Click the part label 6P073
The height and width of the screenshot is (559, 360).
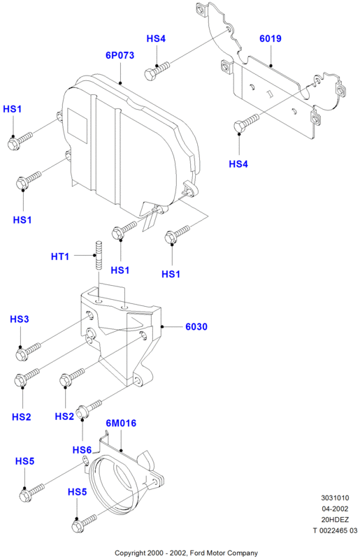(x=120, y=55)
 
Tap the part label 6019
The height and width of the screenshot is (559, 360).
(x=271, y=38)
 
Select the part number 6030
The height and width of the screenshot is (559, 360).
(x=196, y=326)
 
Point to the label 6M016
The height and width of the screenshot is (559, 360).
(x=121, y=423)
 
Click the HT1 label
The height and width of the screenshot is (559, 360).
(x=60, y=256)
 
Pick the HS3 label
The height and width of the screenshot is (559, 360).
(x=20, y=319)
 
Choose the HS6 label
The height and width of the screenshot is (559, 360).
(x=82, y=450)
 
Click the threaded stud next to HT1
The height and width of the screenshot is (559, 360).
(x=98, y=256)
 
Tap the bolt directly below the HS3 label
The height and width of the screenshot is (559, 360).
(x=28, y=351)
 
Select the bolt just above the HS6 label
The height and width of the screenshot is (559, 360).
(x=89, y=409)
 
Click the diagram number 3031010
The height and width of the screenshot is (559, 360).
(x=335, y=498)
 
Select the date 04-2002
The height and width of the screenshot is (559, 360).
(x=335, y=509)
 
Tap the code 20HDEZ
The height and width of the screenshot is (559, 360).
(x=335, y=520)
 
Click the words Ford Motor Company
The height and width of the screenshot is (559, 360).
(x=224, y=553)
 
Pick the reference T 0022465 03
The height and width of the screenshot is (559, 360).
(x=335, y=530)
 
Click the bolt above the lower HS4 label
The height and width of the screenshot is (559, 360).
(x=246, y=123)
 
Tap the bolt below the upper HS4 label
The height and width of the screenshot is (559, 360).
(x=157, y=71)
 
